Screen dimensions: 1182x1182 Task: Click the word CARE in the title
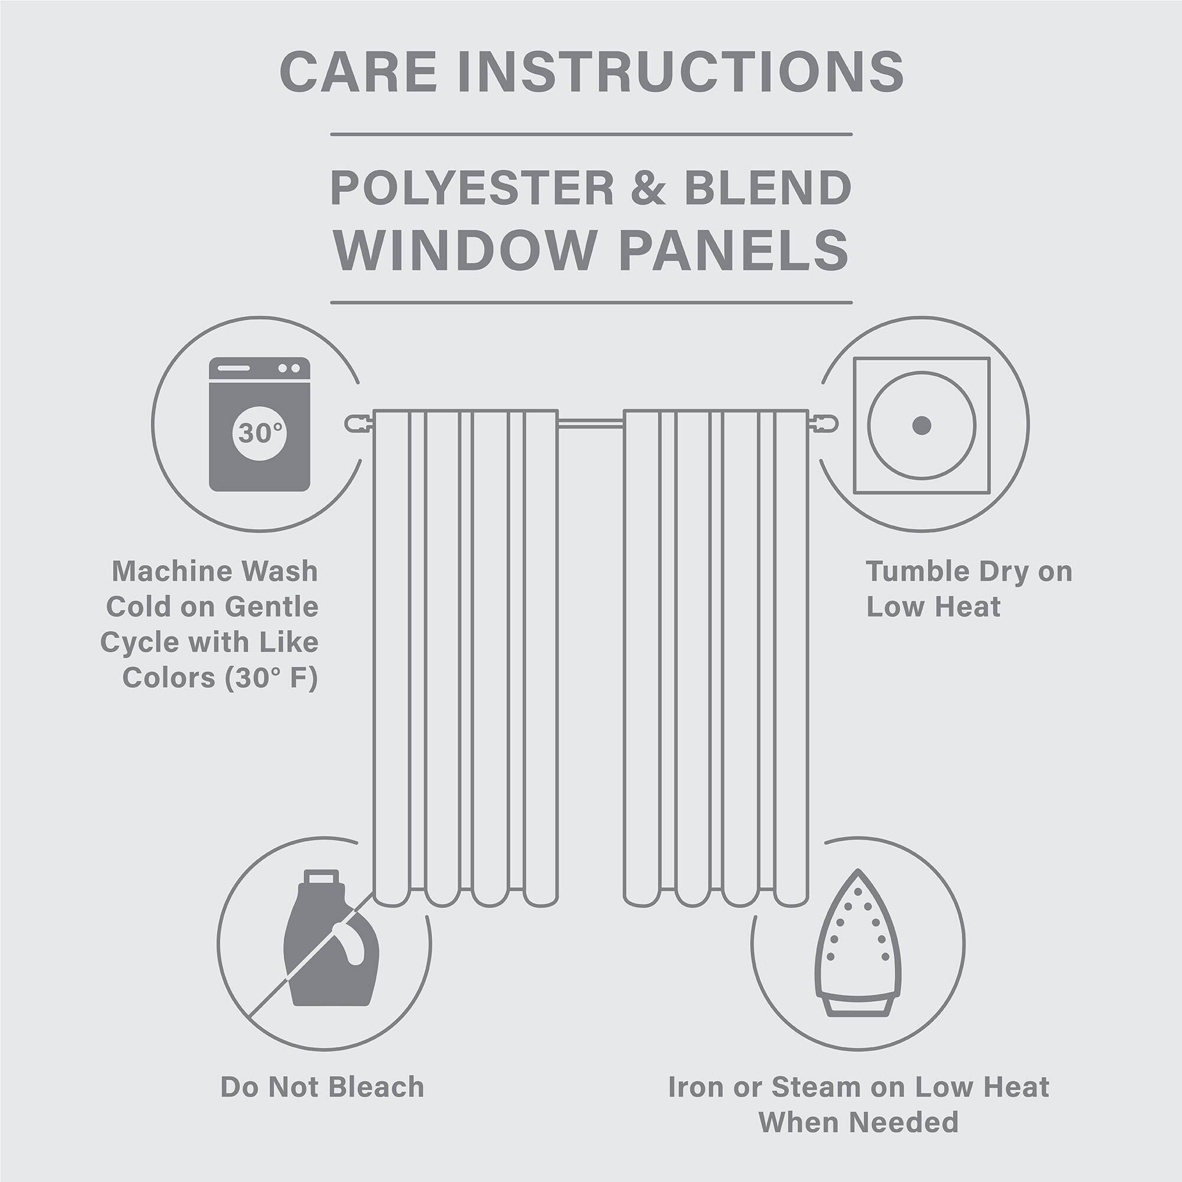tap(358, 72)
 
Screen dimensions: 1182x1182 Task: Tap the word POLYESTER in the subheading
tap(472, 188)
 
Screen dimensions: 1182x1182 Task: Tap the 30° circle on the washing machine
tap(259, 433)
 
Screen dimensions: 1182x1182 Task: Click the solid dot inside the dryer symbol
tap(921, 424)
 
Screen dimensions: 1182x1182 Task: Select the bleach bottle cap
tap(321, 878)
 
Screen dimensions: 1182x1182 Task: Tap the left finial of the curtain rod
tap(357, 423)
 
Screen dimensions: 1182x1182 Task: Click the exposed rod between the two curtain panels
tap(590, 421)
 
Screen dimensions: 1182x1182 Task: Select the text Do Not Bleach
tap(322, 1087)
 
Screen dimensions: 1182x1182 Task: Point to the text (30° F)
tap(271, 678)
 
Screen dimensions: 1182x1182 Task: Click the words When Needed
tap(858, 1122)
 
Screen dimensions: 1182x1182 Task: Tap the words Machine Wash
tap(215, 571)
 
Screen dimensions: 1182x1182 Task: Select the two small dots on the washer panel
tap(289, 368)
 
